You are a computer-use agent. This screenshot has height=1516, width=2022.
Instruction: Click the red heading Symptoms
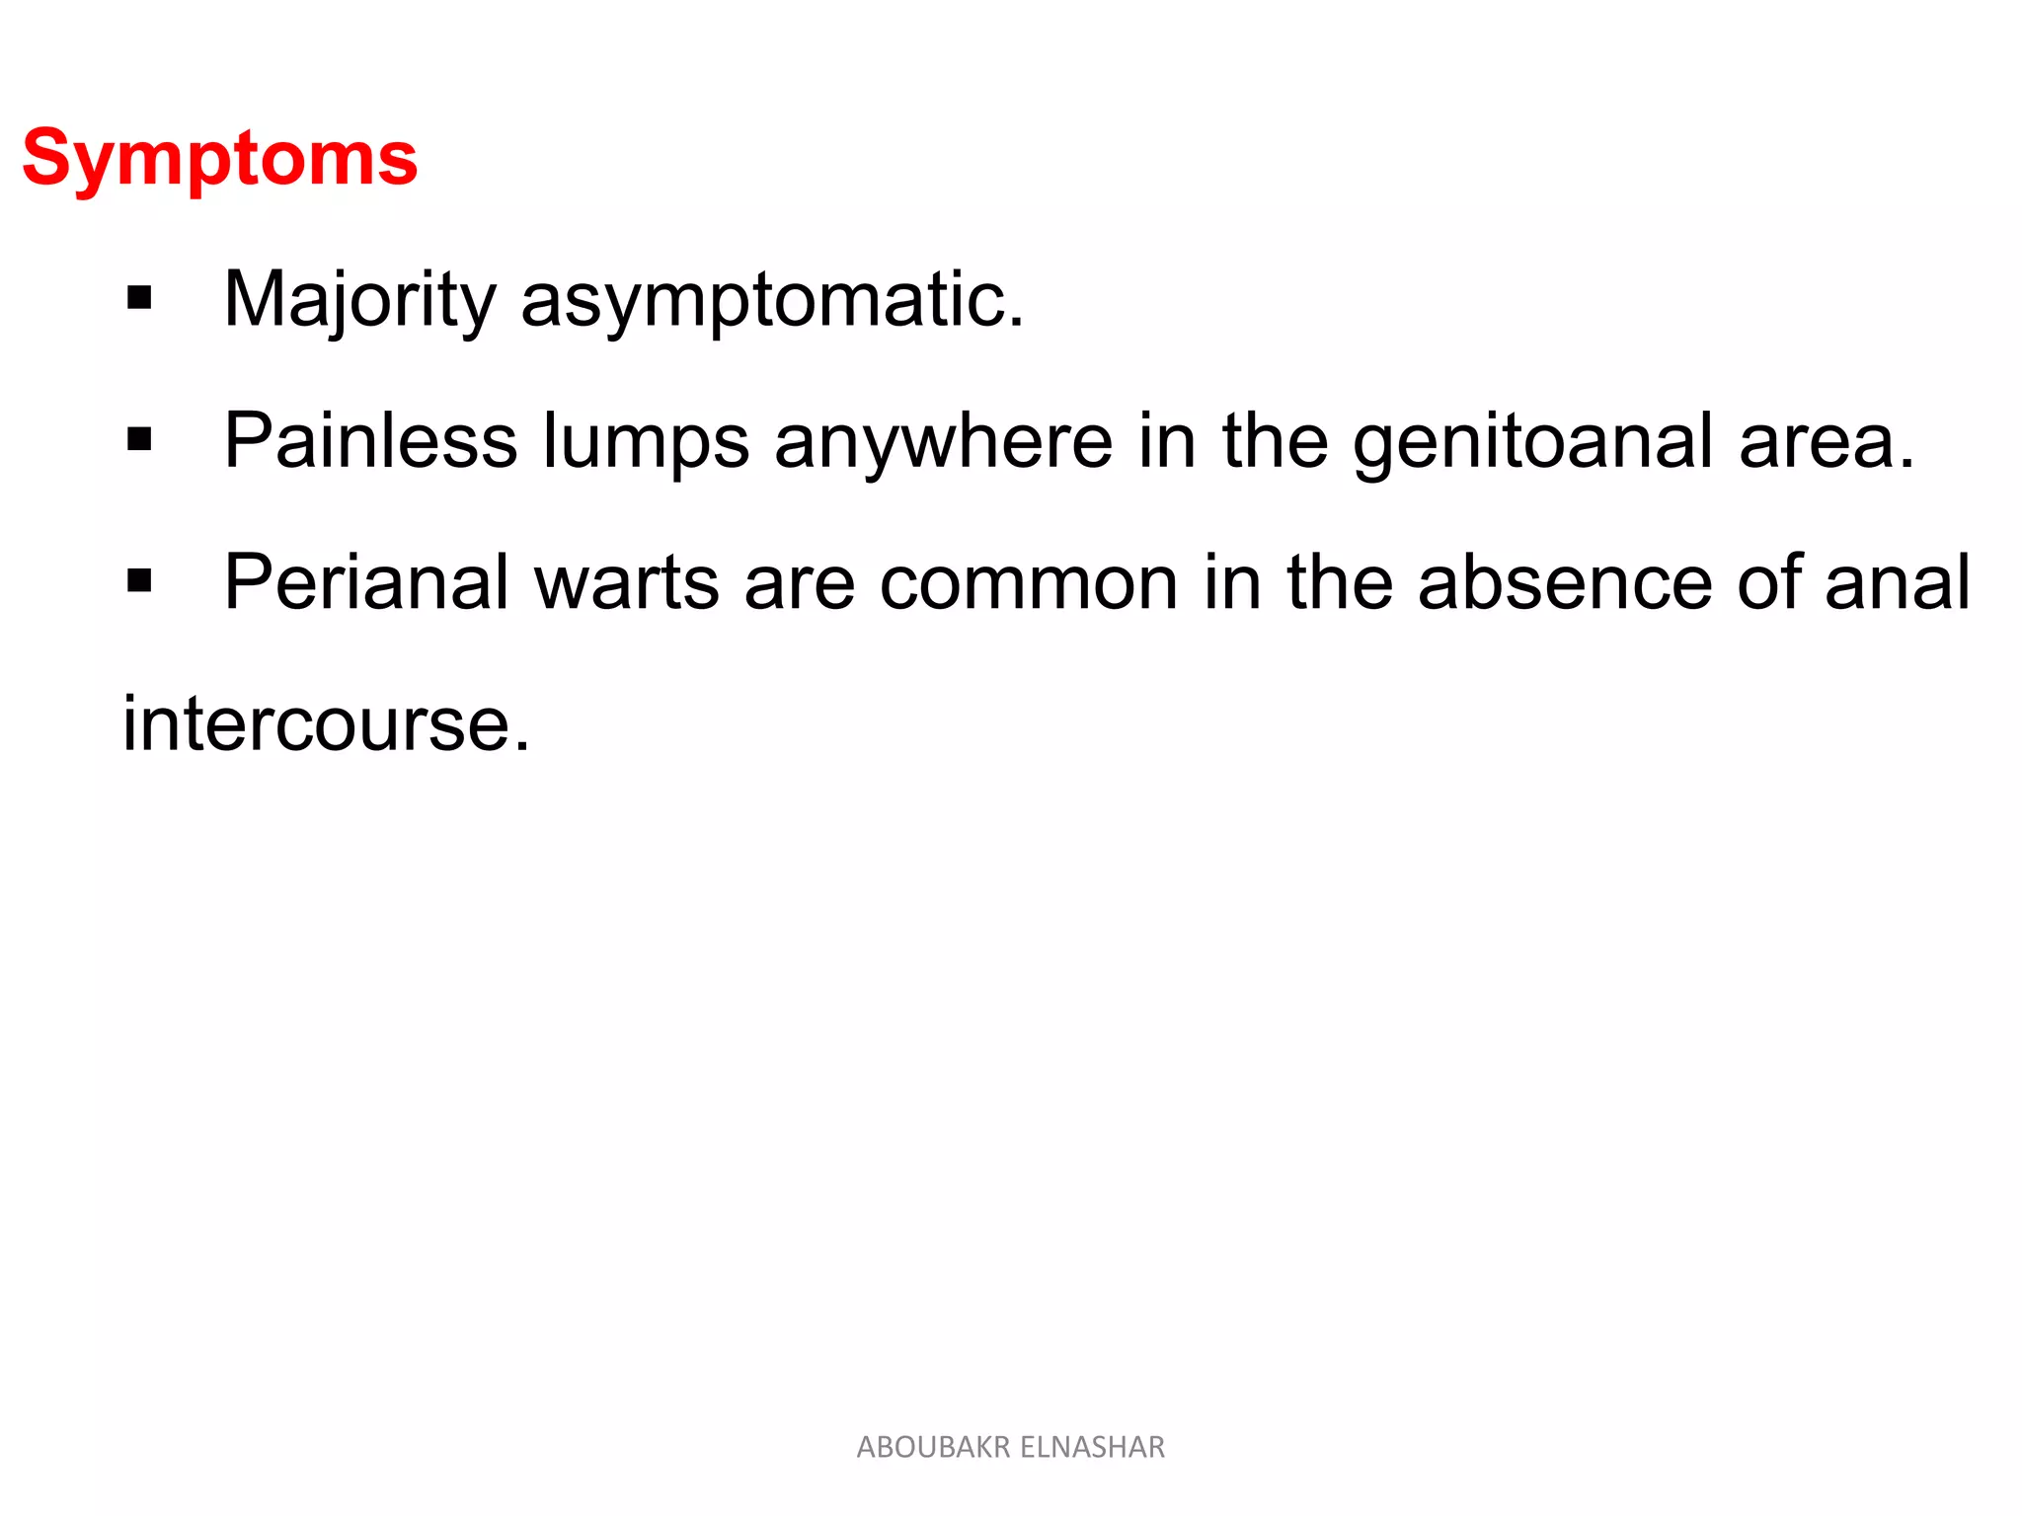[x=220, y=159]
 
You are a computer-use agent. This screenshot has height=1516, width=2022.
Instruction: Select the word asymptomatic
[x=772, y=299]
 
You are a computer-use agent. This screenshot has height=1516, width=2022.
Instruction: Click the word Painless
[x=370, y=440]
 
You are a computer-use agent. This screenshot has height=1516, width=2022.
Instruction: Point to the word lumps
[x=647, y=442]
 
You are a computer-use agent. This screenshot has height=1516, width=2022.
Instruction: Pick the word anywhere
[x=944, y=442]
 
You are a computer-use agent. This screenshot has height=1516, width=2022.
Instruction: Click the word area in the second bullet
[x=1826, y=442]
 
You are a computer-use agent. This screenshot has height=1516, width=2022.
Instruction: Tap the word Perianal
[x=366, y=582]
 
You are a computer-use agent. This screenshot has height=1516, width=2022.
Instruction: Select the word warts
[x=626, y=582]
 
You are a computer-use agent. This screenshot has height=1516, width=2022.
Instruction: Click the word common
[x=1029, y=582]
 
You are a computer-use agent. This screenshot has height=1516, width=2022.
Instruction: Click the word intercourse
[x=326, y=723]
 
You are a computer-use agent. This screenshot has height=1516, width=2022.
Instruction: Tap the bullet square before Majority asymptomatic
[x=139, y=298]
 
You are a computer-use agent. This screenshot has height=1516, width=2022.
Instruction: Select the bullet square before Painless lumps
[x=139, y=439]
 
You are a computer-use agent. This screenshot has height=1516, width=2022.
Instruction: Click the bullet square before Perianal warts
[x=139, y=581]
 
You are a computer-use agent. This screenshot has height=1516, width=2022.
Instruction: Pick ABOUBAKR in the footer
[x=933, y=1447]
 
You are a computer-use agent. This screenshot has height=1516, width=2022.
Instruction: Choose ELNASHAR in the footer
[x=1092, y=1447]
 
